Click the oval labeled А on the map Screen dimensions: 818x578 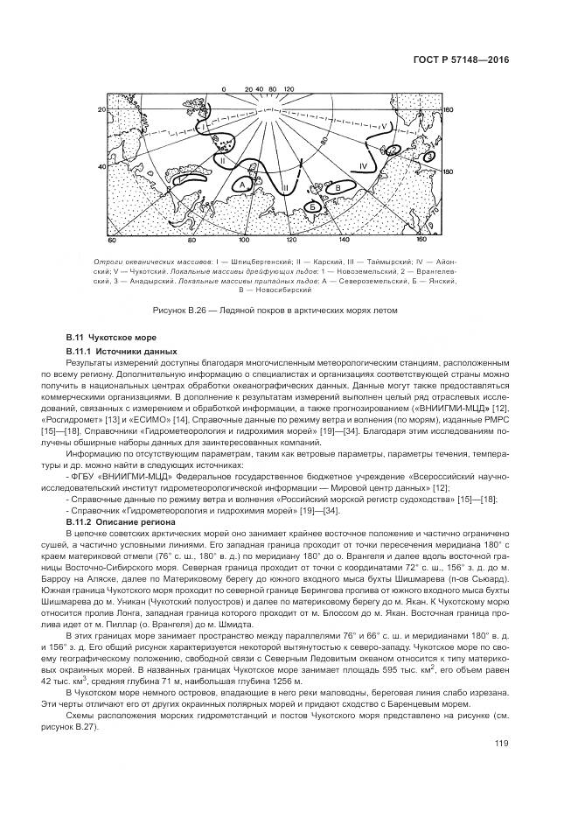[242, 185]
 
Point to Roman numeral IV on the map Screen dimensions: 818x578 [363, 165]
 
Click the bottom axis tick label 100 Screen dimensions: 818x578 [244, 239]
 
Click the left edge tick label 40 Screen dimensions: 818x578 [101, 166]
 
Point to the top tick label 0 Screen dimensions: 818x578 [224, 89]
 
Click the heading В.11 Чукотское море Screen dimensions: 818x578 [106, 337]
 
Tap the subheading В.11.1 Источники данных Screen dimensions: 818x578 [114, 351]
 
